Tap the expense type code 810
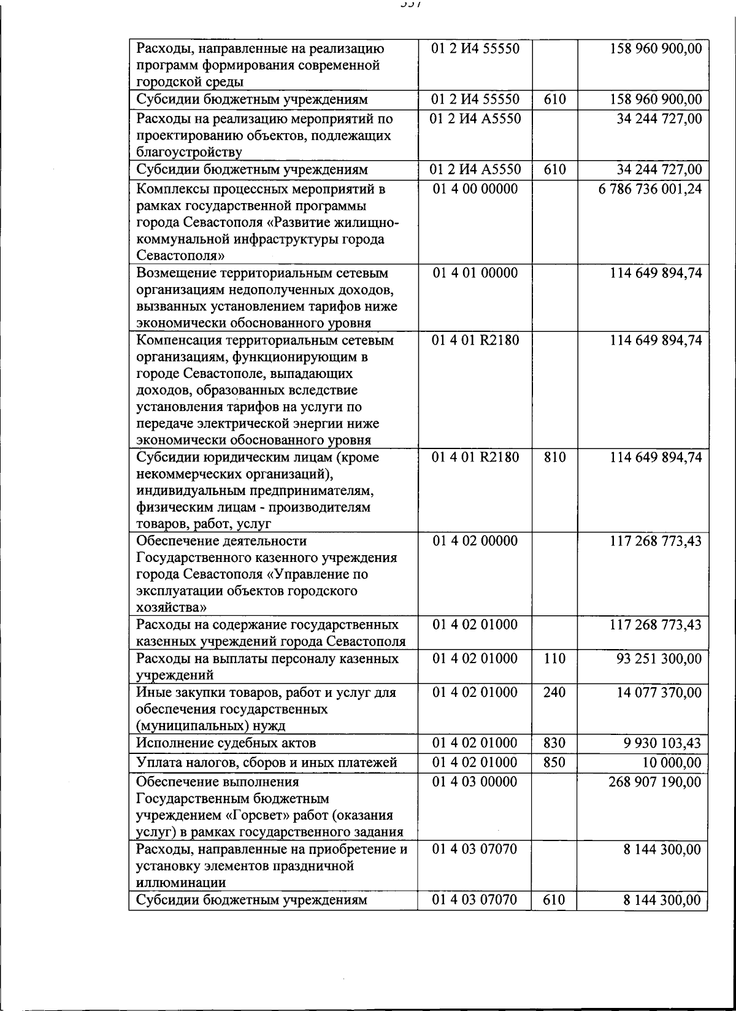[554, 458]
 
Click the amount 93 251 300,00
[659, 659]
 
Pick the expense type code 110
[554, 659]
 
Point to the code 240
[554, 693]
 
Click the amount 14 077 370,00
[659, 693]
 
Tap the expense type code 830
[554, 744]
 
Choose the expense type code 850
[554, 763]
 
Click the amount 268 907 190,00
[655, 782]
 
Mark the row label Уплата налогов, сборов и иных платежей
[267, 763]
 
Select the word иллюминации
[180, 883]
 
